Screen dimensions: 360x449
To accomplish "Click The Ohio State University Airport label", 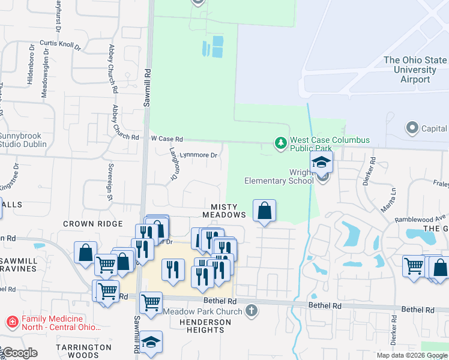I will coord(415,70).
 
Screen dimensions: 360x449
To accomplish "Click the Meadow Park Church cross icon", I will coord(252,310).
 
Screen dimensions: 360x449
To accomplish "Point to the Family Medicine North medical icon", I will coord(11,323).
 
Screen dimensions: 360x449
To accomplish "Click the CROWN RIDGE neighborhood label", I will coord(88,223).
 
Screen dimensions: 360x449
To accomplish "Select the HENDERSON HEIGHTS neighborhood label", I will coord(200,327).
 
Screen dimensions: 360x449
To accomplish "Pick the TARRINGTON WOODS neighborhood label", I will coord(83,351).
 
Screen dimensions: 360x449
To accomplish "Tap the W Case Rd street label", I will coord(166,139).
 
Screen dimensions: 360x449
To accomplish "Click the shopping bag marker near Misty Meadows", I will coord(264,211).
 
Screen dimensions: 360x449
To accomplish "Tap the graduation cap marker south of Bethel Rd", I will coord(151,342).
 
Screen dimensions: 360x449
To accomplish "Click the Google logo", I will coord(20,353).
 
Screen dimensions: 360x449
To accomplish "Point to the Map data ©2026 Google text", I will coord(412,355).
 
